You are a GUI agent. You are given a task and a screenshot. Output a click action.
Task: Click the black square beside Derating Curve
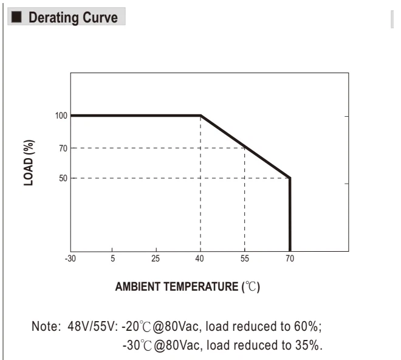16,17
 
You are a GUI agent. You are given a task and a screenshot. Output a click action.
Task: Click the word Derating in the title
53,18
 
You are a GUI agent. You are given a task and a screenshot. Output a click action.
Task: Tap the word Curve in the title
100,18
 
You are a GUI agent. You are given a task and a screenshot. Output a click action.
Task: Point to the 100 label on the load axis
61,116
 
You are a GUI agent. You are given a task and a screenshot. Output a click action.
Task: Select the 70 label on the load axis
63,148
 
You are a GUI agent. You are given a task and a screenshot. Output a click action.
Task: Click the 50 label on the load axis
63,178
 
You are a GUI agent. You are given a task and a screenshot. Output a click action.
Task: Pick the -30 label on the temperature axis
70,258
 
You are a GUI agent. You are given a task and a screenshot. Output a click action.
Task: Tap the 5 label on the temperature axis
113,258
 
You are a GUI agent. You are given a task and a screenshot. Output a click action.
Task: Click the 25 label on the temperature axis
156,258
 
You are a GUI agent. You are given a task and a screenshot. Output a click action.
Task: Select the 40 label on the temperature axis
199,258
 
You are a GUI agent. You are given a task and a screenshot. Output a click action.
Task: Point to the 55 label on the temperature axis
244,258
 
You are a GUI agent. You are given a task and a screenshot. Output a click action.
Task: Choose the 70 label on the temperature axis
290,258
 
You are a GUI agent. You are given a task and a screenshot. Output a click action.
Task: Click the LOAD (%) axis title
29,162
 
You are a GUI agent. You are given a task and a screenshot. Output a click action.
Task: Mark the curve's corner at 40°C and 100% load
200,116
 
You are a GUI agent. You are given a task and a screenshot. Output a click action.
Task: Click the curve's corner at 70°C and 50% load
290,178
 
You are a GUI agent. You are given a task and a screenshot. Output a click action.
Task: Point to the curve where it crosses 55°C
245,147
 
